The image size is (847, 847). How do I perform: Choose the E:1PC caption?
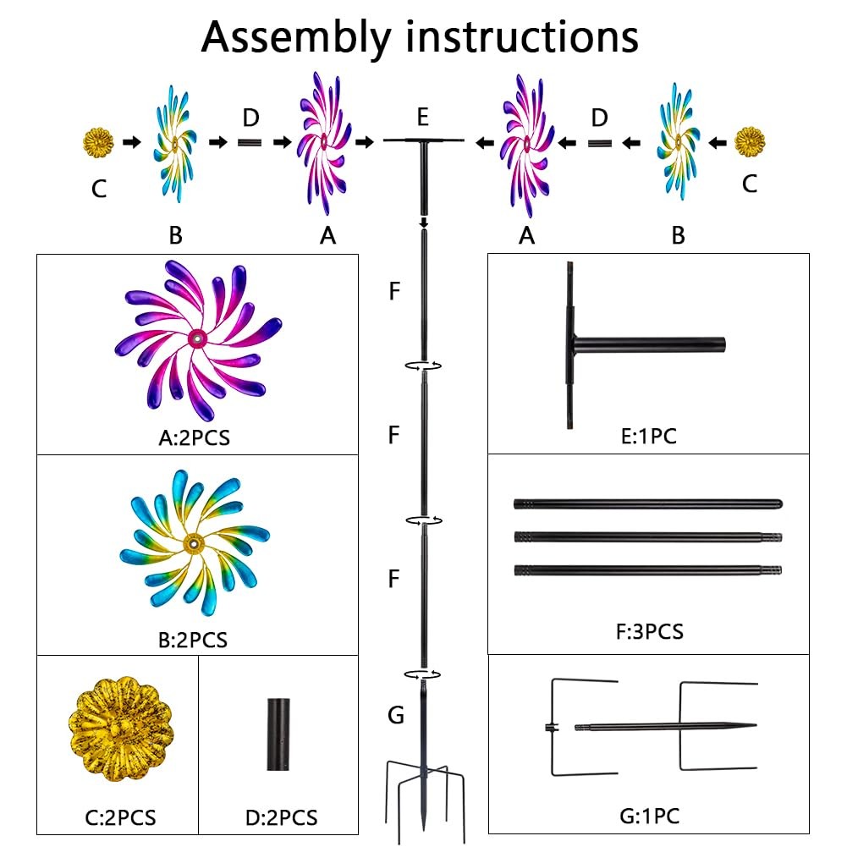point(647,437)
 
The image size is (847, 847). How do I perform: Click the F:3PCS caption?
point(647,630)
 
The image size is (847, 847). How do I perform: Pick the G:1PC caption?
point(648,816)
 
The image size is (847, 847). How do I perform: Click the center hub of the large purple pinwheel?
point(196,339)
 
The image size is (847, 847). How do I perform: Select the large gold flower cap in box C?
point(116,723)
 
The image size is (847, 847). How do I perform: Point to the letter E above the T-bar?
point(423,116)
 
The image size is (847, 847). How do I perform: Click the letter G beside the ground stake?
point(395,716)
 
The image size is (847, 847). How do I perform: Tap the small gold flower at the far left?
point(100,142)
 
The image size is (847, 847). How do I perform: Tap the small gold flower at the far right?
point(749,142)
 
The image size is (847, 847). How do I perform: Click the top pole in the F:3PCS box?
point(647,504)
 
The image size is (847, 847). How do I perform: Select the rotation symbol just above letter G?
point(423,674)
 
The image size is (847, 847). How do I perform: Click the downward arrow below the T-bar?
point(423,223)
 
